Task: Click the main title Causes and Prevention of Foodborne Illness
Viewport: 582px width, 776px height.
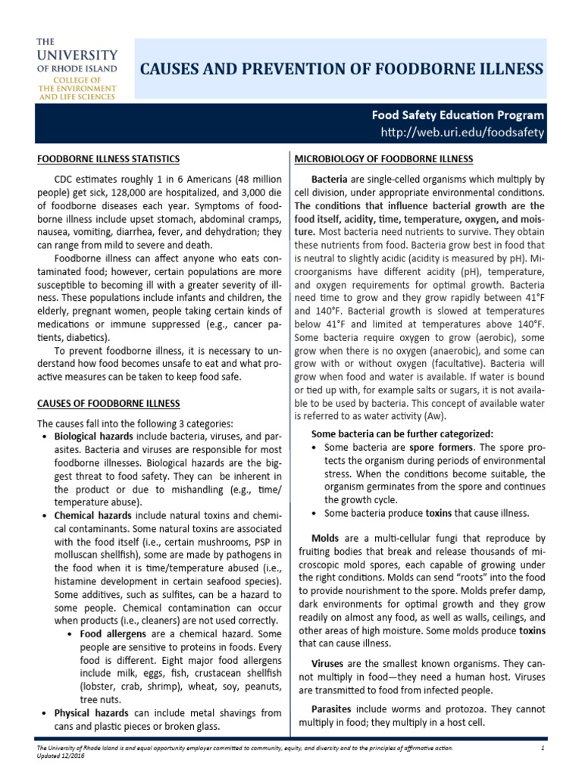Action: coord(343,69)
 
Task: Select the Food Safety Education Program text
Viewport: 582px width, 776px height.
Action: coord(458,116)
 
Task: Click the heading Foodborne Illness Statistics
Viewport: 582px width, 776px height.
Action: coord(109,158)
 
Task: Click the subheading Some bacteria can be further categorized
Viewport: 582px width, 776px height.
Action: coord(402,433)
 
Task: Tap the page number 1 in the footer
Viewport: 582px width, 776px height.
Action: coord(543,749)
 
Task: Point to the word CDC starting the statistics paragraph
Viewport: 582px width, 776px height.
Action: coord(67,179)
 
